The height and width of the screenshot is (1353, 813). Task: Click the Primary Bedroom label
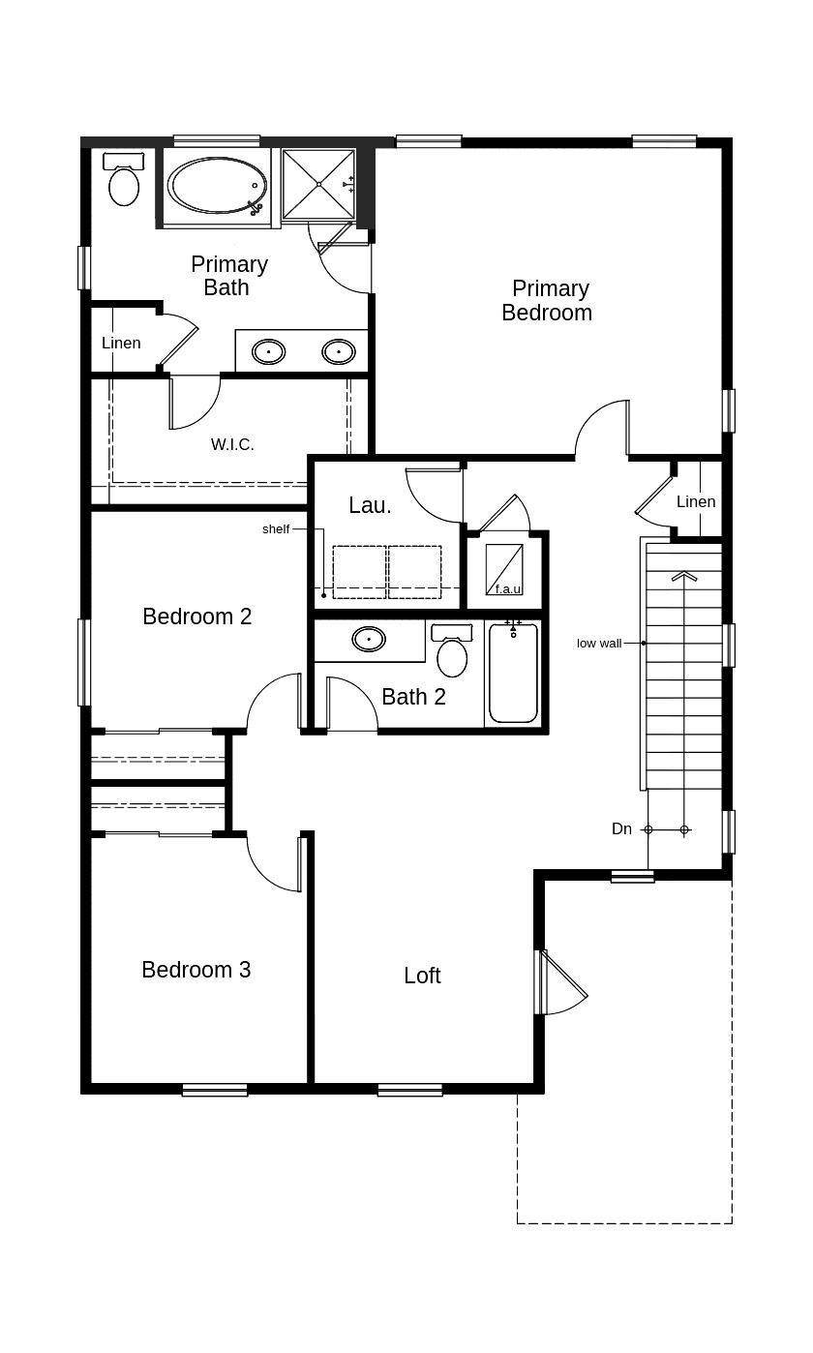[547, 300]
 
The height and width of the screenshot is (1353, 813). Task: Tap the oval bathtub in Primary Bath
[218, 186]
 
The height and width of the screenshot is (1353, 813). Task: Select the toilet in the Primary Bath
[124, 179]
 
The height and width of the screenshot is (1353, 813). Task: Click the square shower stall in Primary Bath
[318, 184]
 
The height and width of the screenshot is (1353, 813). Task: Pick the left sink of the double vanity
[268, 351]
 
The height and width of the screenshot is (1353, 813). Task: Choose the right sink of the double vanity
[338, 351]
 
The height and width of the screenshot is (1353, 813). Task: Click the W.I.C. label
[232, 444]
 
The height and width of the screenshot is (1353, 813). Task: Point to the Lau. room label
[370, 505]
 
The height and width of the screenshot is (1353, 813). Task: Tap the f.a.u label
[508, 589]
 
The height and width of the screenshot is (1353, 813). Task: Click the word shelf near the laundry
[276, 529]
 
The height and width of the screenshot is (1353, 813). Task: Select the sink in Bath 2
[369, 639]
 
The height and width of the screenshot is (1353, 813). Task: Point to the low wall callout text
[599, 644]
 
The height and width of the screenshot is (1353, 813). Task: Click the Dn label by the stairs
[621, 828]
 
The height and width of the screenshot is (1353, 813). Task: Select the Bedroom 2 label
[196, 616]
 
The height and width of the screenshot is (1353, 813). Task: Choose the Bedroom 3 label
[196, 970]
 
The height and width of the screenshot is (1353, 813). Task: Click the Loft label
[422, 976]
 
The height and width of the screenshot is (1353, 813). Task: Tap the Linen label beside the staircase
[696, 501]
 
